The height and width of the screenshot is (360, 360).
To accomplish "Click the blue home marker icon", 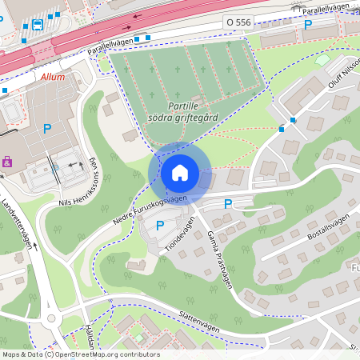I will [x=180, y=173].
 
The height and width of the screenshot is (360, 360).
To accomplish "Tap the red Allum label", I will [x=52, y=78].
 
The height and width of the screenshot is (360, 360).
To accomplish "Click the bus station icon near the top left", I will [x=38, y=25].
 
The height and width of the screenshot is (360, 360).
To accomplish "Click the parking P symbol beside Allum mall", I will [x=47, y=128].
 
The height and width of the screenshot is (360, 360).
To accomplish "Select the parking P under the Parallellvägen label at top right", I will [x=308, y=25].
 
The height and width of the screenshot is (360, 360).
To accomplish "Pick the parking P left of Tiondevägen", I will [x=159, y=226].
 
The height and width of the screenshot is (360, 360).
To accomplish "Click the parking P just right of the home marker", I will [x=228, y=205].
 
